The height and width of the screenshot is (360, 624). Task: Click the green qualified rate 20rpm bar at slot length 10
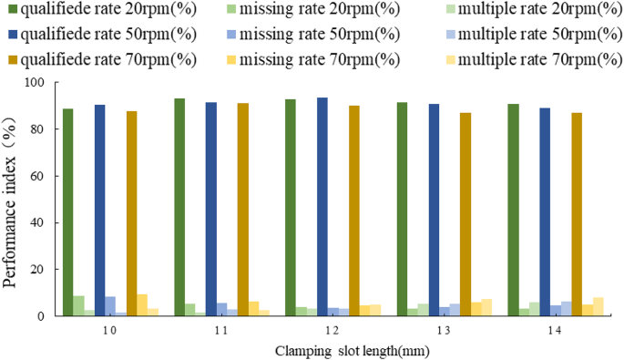tap(67, 212)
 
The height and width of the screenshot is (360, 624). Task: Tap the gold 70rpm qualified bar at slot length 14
tap(576, 214)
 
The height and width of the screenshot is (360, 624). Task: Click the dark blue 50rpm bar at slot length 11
tap(211, 209)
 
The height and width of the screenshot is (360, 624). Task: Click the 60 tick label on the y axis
tap(38, 176)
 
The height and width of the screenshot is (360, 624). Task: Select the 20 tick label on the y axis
tap(38, 270)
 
